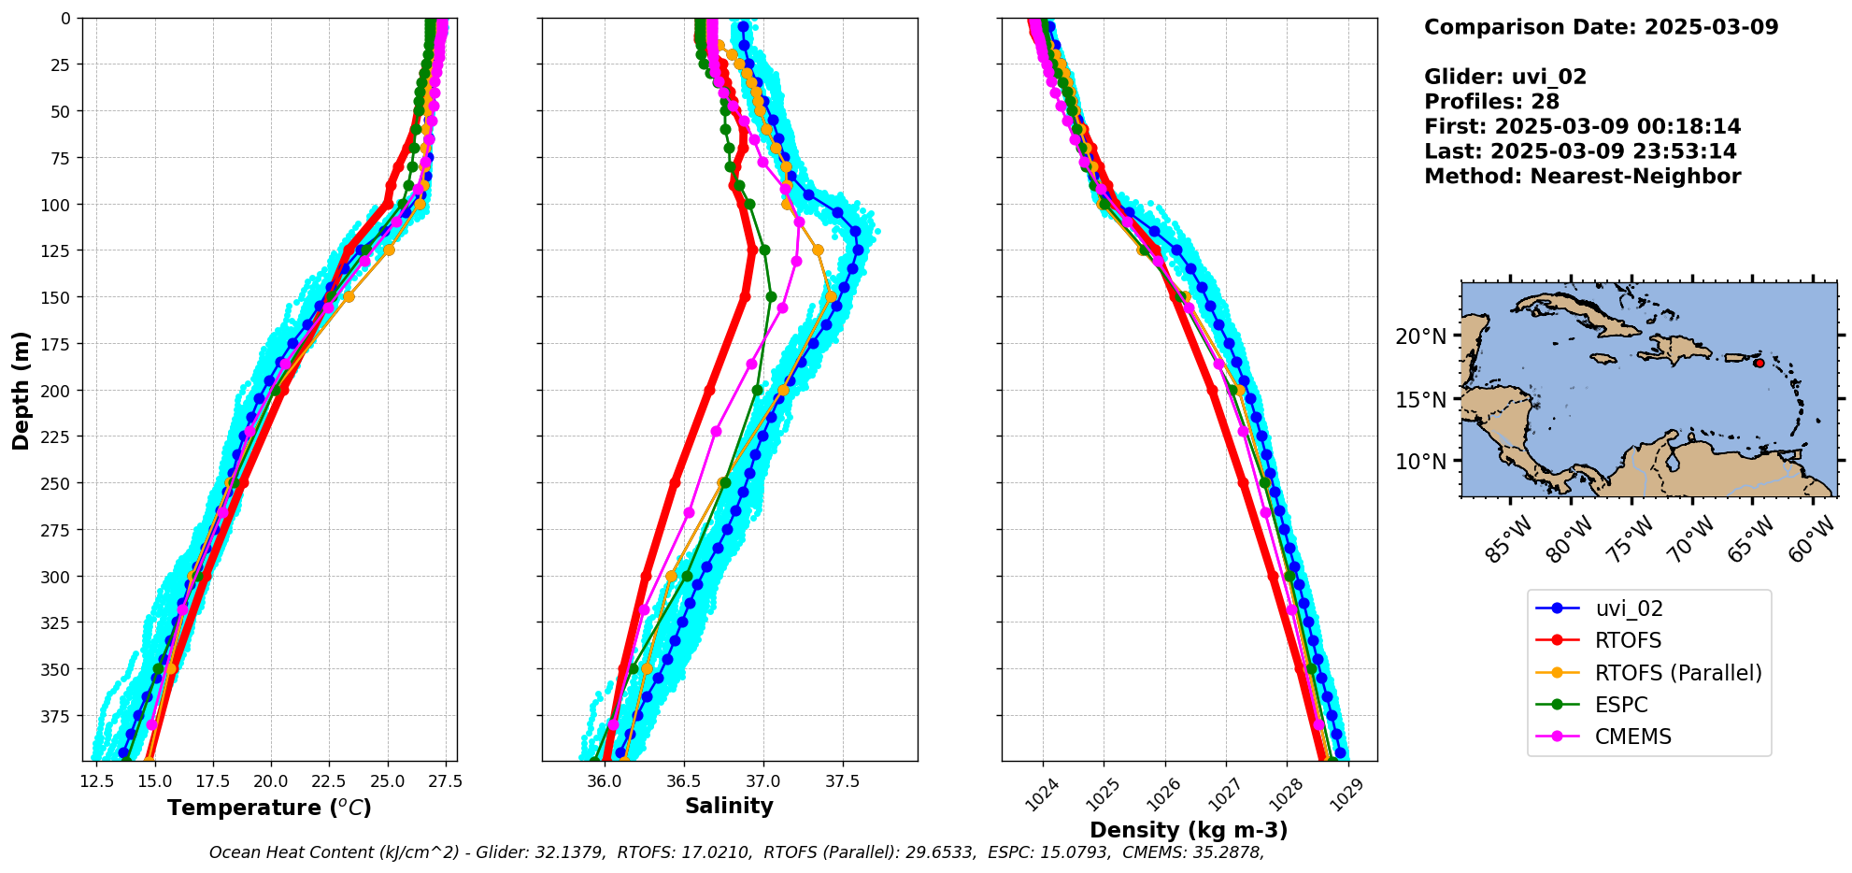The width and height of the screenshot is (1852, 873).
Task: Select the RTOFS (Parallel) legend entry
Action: [1677, 673]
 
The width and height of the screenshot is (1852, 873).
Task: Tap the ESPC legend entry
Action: [1620, 705]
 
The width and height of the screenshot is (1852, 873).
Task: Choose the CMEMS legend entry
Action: [1632, 737]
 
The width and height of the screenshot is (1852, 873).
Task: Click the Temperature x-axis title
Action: [269, 808]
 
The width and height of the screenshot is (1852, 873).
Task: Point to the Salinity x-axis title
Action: [729, 806]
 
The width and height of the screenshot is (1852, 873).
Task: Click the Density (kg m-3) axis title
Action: [1189, 830]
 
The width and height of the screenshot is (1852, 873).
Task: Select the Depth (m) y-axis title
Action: [21, 390]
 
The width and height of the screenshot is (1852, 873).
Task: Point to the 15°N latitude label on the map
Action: [1420, 400]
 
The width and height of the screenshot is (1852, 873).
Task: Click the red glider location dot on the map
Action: [1759, 363]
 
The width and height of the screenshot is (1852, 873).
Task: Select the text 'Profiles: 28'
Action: [1491, 102]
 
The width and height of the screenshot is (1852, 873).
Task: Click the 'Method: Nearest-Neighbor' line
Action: [1582, 177]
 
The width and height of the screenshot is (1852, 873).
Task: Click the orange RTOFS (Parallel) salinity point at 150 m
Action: [831, 296]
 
